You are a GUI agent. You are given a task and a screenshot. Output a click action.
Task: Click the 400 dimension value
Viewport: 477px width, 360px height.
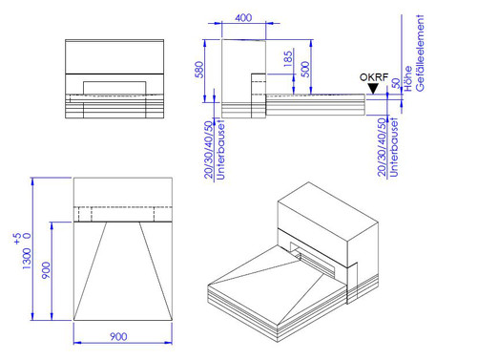pos(243,18)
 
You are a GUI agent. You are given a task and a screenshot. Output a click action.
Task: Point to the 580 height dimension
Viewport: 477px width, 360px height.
pos(199,70)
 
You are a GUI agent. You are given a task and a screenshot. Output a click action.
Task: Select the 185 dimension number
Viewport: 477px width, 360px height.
pos(287,59)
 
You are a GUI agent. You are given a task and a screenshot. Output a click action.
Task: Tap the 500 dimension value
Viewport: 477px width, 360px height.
pos(304,69)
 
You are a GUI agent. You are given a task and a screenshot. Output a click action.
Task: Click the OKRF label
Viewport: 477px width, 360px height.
pos(374,77)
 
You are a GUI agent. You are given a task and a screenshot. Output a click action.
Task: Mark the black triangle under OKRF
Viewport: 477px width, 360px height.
pos(373,89)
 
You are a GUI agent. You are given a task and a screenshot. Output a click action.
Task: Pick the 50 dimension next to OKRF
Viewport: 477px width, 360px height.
pos(396,83)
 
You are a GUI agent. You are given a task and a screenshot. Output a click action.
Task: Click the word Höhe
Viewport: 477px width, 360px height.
pos(408,78)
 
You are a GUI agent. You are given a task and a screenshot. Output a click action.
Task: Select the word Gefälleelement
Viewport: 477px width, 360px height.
pos(420,53)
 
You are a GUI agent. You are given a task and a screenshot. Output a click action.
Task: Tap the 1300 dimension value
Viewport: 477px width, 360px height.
pos(27,259)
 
